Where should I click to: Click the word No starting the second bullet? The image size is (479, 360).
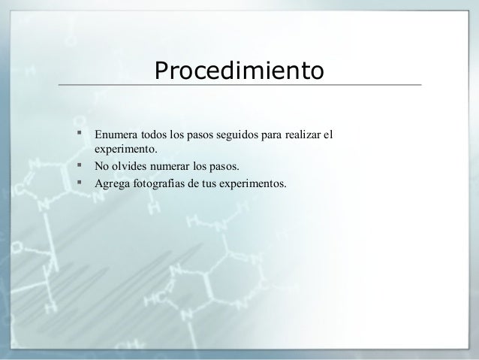pos(101,166)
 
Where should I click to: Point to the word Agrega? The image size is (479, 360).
pos(111,182)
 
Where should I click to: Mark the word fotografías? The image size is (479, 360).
pos(164,182)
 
